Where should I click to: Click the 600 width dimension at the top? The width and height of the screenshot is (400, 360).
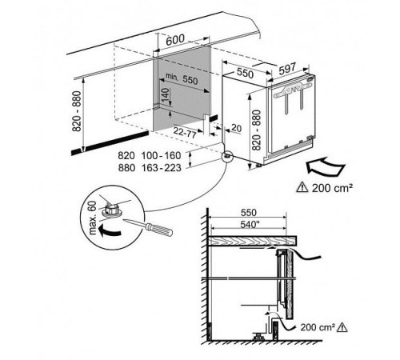tap(175, 40)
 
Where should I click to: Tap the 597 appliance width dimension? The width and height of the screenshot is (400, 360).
tap(287, 69)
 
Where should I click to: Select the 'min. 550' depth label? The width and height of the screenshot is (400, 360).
tap(182, 78)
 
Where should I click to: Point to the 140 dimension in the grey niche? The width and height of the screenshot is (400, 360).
tap(166, 96)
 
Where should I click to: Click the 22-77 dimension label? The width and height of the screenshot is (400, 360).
tap(185, 132)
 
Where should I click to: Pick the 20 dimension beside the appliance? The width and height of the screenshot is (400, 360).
tap(236, 129)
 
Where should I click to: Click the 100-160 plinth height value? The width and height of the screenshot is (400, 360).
tap(161, 155)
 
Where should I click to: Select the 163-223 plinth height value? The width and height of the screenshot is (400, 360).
tap(161, 168)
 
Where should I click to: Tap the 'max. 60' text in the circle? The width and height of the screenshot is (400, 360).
tap(93, 218)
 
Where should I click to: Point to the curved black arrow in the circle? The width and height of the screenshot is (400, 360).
tap(110, 231)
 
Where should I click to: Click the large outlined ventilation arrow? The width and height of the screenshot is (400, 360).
tap(325, 167)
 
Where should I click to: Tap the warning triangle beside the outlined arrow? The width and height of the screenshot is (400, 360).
tap(302, 187)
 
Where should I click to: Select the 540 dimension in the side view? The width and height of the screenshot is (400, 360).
tap(250, 225)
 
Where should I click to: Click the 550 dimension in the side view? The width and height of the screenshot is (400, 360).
tap(249, 213)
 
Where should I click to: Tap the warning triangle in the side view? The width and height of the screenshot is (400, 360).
tap(342, 327)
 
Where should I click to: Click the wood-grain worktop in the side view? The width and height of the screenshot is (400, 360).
tap(252, 241)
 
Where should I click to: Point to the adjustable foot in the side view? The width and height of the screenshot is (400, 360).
tap(258, 337)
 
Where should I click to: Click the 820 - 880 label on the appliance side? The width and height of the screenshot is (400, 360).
tap(256, 130)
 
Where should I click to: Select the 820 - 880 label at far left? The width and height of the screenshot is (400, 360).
tap(77, 111)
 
